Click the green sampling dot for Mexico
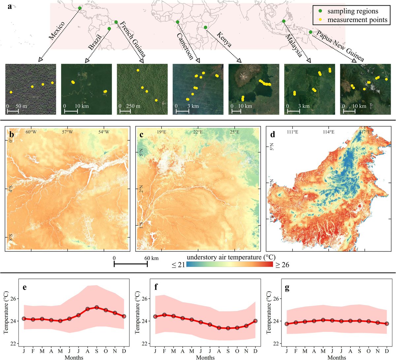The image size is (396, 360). (x=79, y=8)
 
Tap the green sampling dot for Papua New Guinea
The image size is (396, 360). (x=311, y=32)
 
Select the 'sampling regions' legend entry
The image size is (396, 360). (x=352, y=11)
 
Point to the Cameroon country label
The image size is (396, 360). (x=184, y=46)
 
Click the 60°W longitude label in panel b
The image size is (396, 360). (x=31, y=132)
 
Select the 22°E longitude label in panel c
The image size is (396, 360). (x=198, y=132)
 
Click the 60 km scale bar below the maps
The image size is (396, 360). (x=130, y=264)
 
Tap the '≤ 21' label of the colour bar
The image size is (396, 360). (x=178, y=265)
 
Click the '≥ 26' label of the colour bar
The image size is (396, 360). (x=282, y=265)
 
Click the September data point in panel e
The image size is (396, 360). (x=96, y=307)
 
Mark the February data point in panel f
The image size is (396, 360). (x=164, y=315)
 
